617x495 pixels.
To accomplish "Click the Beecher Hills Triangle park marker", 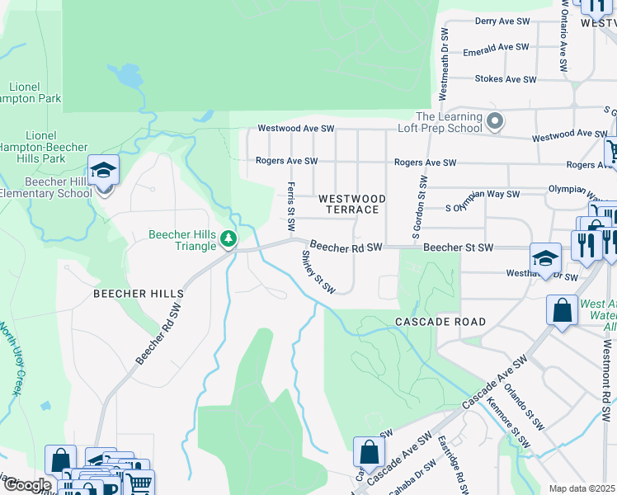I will coord(228,240).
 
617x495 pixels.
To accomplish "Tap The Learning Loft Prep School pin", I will coord(495,122).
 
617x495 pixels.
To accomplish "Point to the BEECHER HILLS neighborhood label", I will coord(138,294).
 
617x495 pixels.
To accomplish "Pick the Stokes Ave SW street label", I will coord(506,79).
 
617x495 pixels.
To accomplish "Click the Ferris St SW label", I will coord(291,206).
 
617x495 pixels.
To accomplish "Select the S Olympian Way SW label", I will coord(483,195).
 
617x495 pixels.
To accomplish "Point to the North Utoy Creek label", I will coord(12,360).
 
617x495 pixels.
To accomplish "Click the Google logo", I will coord(27,485).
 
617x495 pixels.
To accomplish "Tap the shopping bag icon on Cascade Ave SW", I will coord(369,451).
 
